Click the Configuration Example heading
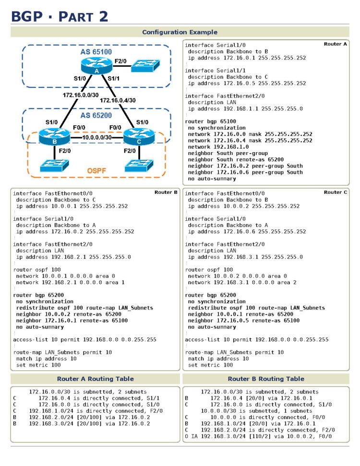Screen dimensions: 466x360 coord(180,32)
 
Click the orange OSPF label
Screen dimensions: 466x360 coord(96,171)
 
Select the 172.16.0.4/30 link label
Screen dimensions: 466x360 coord(118,101)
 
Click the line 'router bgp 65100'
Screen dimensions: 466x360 coord(210,122)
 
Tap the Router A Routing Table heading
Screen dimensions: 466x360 coord(95,379)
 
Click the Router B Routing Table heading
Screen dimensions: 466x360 coord(266,379)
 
